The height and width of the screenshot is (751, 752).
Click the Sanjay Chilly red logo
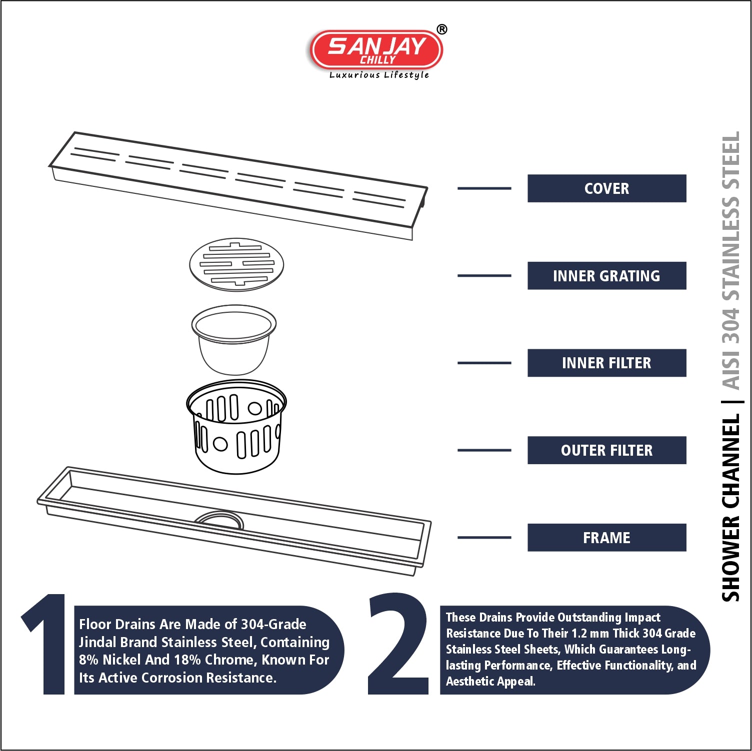(x=376, y=49)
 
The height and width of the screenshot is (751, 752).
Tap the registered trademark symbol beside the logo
(x=442, y=29)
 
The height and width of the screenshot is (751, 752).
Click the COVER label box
(x=606, y=188)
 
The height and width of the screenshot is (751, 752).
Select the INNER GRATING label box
(x=606, y=276)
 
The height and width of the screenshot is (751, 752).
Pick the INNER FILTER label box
(x=606, y=363)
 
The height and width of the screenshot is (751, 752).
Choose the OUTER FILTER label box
(x=606, y=450)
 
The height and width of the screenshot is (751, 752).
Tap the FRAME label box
(x=606, y=538)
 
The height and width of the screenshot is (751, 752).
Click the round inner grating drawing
(x=236, y=264)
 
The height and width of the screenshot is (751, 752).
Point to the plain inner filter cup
(x=233, y=340)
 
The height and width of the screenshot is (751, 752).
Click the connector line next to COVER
(x=484, y=188)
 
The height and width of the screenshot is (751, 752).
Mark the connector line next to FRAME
(x=484, y=538)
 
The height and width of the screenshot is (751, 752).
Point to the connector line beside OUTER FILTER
(x=484, y=450)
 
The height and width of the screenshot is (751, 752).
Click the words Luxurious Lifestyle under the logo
(x=379, y=75)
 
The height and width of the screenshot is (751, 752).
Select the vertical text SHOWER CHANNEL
(x=730, y=508)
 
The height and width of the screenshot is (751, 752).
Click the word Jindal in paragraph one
(x=97, y=642)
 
